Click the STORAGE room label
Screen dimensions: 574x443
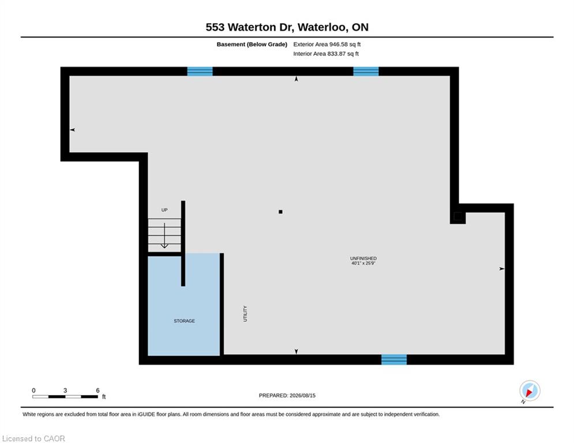pos(184,321)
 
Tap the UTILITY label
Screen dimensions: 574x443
pos(245,314)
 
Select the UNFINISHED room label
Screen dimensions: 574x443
pos(363,258)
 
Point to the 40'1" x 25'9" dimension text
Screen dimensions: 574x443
pos(363,263)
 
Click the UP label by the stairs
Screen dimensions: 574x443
pos(164,210)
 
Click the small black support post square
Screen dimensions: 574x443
pos(280,212)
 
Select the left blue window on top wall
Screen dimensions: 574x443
pos(200,72)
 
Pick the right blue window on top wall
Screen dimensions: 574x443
pos(366,72)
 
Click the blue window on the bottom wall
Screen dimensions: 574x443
pos(394,359)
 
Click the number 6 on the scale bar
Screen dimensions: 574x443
pos(97,391)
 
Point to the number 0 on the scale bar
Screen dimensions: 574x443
pos(33,391)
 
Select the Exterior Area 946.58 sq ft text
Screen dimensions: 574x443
pos(327,44)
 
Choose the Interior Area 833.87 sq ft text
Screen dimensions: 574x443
pos(326,54)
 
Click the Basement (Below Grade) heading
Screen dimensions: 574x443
pos(252,44)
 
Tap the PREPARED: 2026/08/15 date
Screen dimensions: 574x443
pos(287,395)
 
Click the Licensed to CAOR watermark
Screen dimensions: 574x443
pos(33,438)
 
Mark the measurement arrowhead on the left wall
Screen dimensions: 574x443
pos(73,130)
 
